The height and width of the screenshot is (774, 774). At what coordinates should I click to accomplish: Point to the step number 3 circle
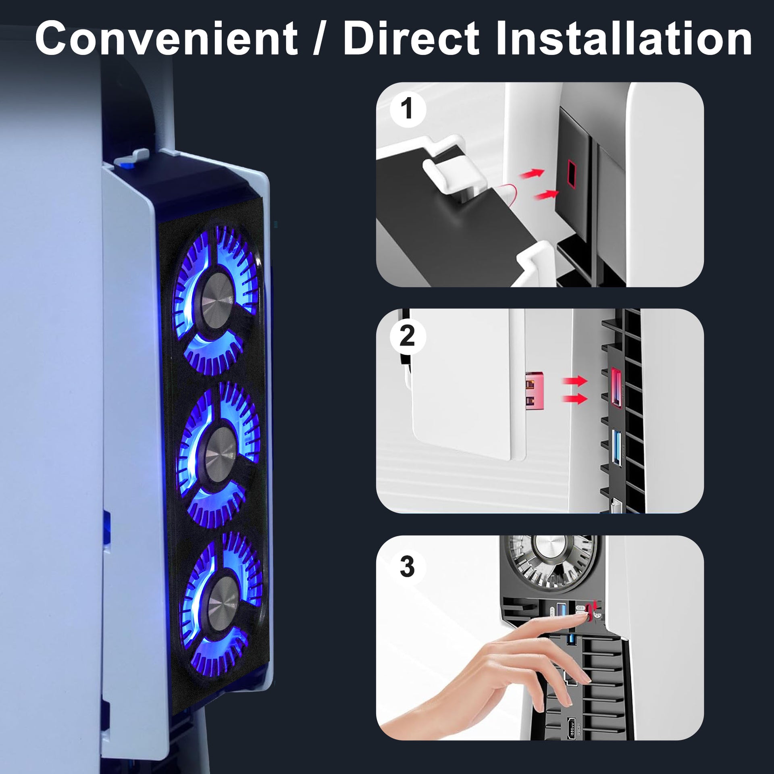click(408, 566)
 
